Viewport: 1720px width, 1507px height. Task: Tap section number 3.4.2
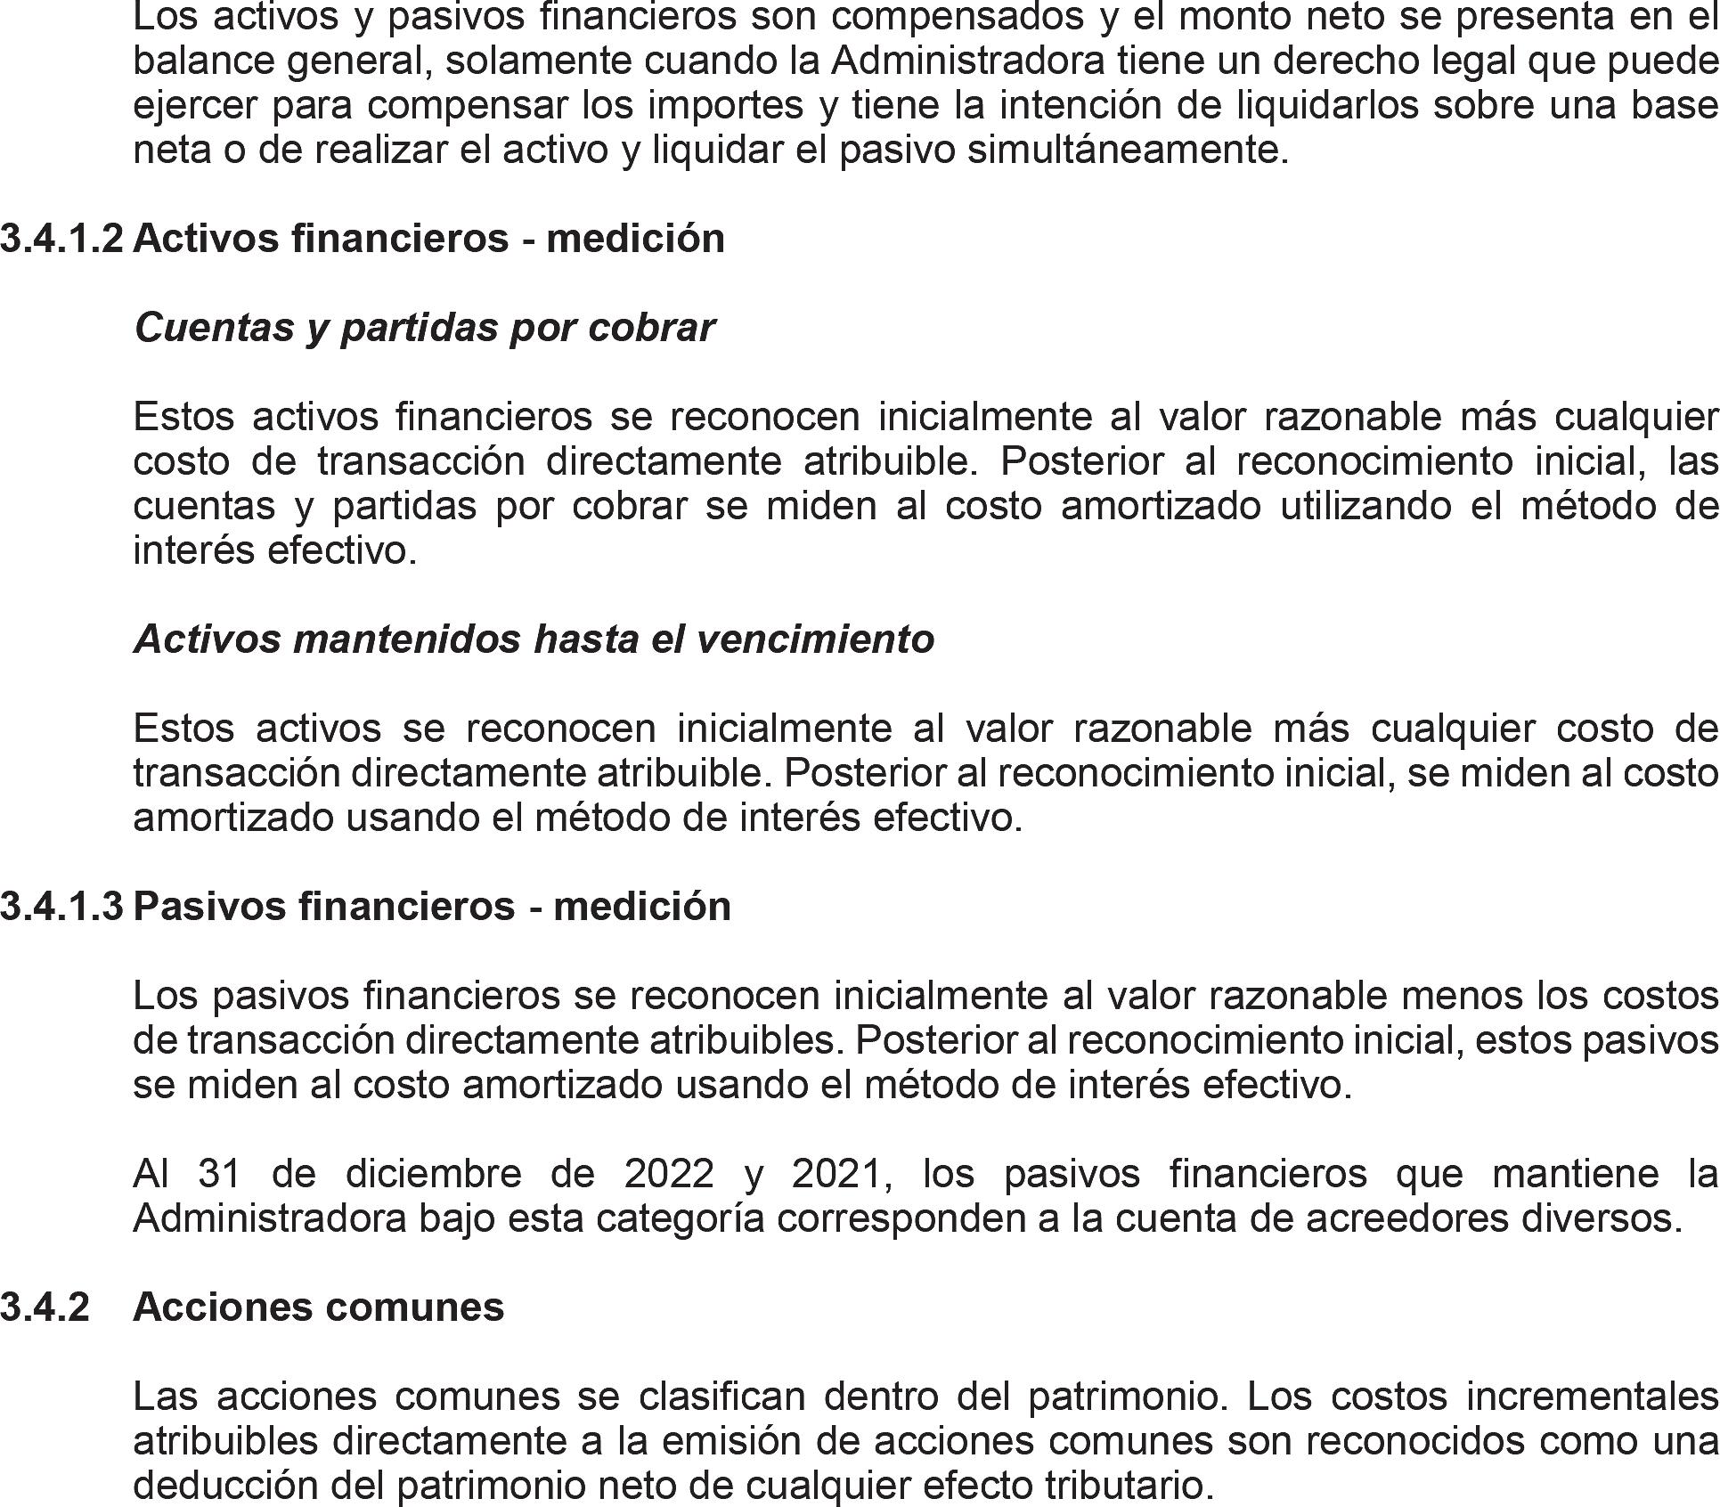(45, 1307)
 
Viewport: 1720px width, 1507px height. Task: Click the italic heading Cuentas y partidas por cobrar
(424, 328)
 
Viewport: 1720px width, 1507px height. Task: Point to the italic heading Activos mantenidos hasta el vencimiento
(534, 639)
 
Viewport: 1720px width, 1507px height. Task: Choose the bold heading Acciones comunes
(319, 1307)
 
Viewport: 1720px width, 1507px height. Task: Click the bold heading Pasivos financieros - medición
(432, 906)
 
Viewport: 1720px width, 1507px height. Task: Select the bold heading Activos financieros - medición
(428, 239)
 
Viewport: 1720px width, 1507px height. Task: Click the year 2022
(669, 1174)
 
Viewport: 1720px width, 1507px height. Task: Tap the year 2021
(841, 1174)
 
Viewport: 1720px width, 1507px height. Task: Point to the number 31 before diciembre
(220, 1174)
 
